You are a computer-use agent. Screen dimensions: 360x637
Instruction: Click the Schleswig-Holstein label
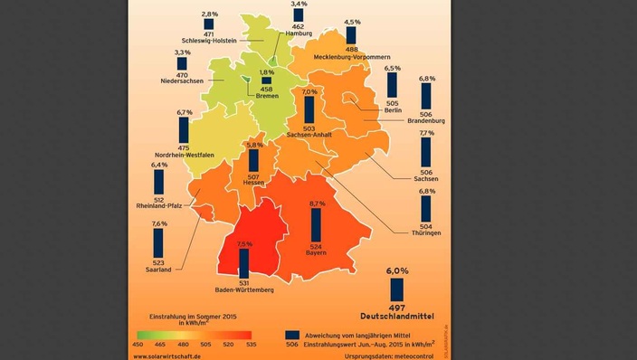click(209, 41)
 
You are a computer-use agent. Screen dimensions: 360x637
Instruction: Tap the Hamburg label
click(298, 33)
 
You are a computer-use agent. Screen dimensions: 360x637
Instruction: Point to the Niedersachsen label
click(183, 82)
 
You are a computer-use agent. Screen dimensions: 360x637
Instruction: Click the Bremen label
click(267, 97)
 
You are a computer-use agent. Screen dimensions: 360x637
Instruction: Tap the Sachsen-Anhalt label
click(309, 135)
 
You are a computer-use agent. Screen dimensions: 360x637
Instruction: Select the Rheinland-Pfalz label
click(159, 205)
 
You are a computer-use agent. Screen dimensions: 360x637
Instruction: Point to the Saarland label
click(159, 268)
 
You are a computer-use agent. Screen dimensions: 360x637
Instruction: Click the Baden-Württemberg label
click(243, 290)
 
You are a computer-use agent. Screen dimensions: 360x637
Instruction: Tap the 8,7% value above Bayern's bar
click(317, 204)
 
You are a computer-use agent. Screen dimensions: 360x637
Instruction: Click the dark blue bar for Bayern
click(316, 226)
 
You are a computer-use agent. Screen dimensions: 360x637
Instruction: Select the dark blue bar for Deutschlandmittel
click(397, 289)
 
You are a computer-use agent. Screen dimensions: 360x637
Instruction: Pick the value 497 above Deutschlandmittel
click(397, 308)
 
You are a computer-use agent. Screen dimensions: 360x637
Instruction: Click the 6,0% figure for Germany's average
click(397, 270)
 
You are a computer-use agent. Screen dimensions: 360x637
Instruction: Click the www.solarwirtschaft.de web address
click(174, 355)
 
